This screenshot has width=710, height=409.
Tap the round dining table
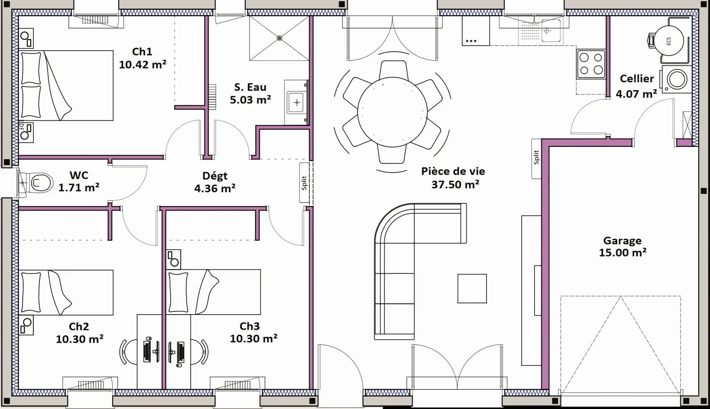click(392, 112)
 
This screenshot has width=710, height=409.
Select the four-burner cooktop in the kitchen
click(591, 64)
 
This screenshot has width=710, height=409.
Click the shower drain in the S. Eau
click(279, 38)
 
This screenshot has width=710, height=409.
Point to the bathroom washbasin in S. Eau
click(296, 103)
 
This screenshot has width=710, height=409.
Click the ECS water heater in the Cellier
click(668, 41)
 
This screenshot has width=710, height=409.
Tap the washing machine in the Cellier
click(676, 79)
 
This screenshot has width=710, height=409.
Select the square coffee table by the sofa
click(472, 288)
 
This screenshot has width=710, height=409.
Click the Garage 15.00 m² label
click(623, 246)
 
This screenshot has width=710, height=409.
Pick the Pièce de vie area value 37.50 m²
click(455, 185)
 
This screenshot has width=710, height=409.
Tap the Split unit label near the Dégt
click(304, 183)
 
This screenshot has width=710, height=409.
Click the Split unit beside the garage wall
click(536, 158)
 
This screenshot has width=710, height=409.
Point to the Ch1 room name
click(142, 52)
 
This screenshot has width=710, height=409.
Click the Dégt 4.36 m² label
click(215, 182)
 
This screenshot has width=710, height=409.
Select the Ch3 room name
click(250, 326)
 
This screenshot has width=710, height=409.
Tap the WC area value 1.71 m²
click(79, 187)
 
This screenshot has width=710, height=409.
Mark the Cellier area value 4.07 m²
click(636, 94)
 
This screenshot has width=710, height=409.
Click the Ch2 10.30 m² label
click(80, 333)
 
